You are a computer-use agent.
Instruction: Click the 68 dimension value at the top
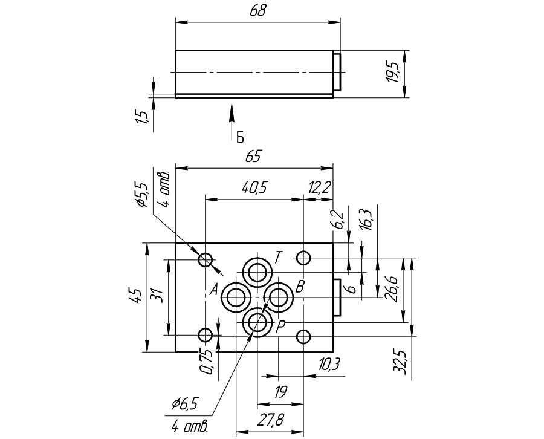[x=257, y=11]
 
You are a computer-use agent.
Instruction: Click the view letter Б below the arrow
[x=240, y=137]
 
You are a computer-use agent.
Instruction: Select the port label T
[x=277, y=258]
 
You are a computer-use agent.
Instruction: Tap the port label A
[x=214, y=290]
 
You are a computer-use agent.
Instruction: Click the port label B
[x=300, y=286]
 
